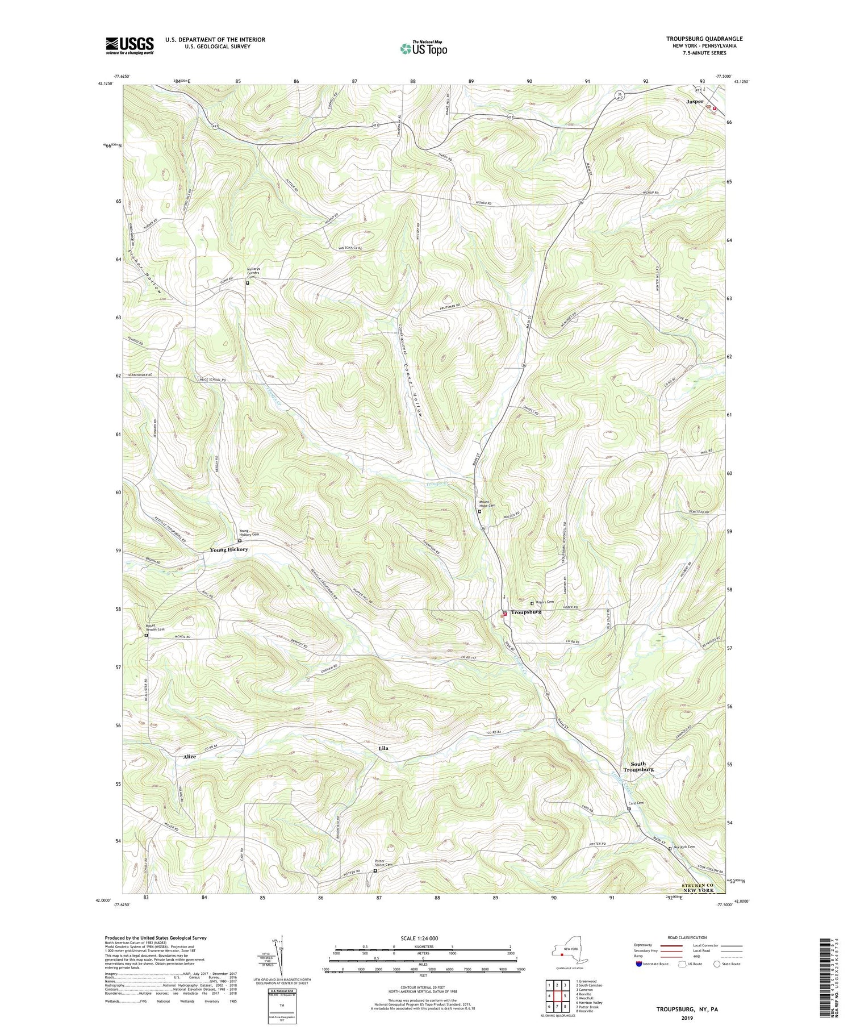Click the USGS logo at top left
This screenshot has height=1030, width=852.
(x=130, y=45)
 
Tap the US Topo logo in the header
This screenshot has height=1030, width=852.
(x=423, y=48)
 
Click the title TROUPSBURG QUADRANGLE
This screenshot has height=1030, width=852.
(x=704, y=39)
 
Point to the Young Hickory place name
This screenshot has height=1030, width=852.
(x=229, y=550)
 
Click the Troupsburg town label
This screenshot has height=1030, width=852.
(x=526, y=612)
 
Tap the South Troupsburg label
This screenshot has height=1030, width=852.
(x=638, y=766)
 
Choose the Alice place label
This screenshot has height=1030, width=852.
(x=189, y=757)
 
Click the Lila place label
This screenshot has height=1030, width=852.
(x=383, y=748)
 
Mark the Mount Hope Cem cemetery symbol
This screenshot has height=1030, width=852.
(x=479, y=511)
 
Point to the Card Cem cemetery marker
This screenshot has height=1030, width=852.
(x=629, y=809)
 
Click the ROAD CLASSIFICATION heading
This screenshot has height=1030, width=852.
(x=687, y=937)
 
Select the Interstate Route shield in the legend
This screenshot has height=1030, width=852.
(x=638, y=964)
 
